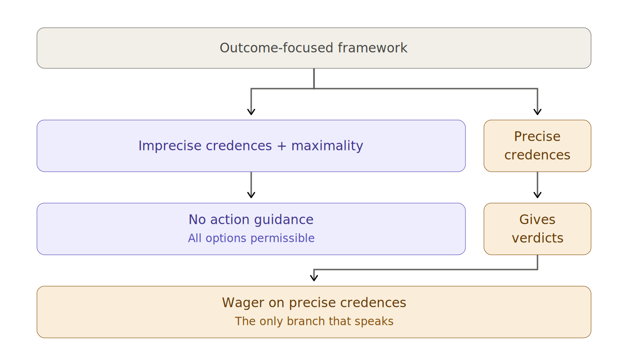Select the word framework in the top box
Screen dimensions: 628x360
[373, 48]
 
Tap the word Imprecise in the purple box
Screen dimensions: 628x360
[170, 146]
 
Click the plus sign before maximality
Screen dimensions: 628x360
[282, 146]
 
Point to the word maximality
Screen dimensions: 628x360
[327, 146]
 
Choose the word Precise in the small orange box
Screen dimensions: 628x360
[537, 137]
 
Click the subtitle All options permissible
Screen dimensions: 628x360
[251, 239]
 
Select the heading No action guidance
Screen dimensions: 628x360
[251, 220]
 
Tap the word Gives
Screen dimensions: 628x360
[537, 220]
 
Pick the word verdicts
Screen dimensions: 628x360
[537, 238]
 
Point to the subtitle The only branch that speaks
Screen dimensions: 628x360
[314, 321]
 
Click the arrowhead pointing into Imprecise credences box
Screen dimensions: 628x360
[251, 112]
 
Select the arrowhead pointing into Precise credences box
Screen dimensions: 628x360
[537, 112]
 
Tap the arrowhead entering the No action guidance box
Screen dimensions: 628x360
[251, 195]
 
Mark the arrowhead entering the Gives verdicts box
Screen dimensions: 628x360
[537, 195]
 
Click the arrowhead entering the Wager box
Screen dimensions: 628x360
[314, 278]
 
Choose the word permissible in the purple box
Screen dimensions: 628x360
[283, 239]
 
